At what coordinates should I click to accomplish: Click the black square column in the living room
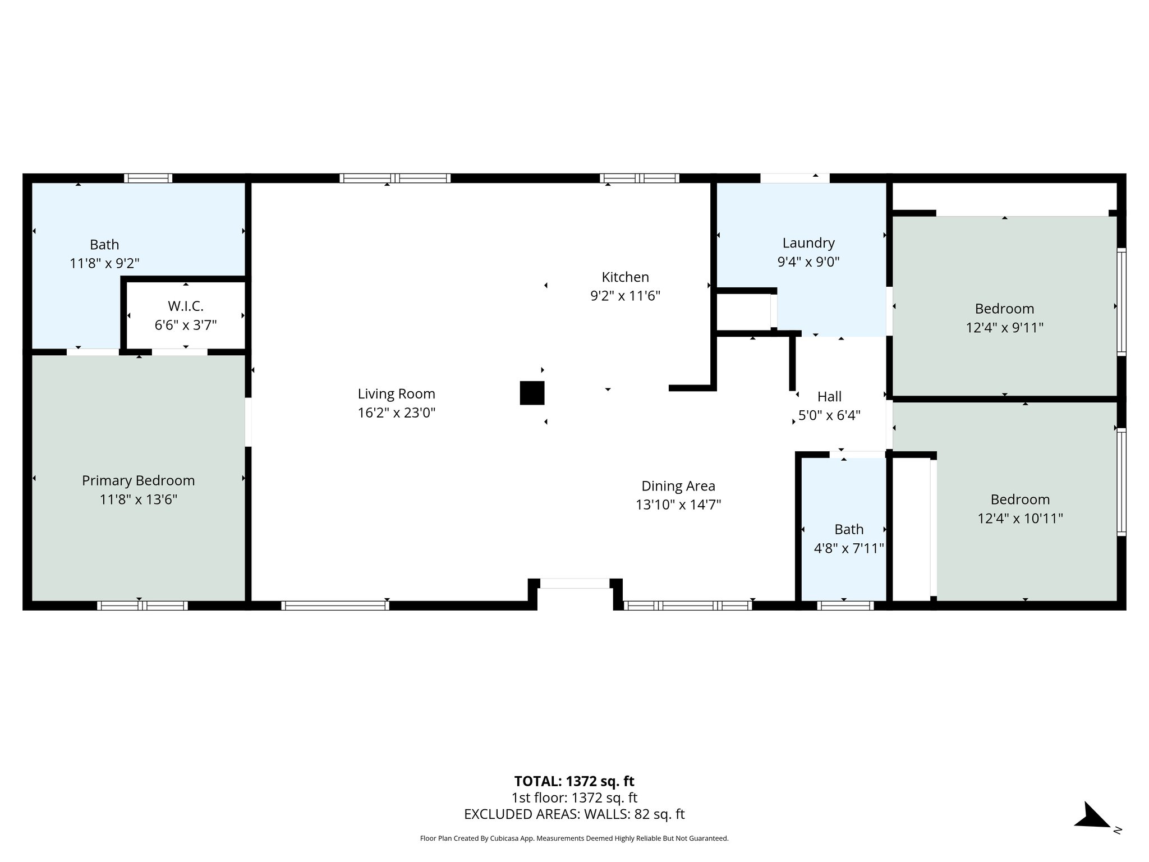pos(532,393)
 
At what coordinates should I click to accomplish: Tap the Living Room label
pos(396,394)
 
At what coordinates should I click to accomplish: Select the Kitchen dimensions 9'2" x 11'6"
pos(625,296)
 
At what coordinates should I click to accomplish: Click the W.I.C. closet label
pos(185,306)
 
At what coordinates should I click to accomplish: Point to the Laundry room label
pos(808,243)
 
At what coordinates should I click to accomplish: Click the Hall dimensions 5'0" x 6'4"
pos(829,416)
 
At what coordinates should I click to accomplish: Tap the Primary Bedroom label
pos(138,480)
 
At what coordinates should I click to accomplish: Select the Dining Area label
pos(678,486)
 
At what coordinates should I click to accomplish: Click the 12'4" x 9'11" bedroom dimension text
pos(1004,327)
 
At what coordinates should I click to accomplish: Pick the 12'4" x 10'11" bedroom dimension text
pos(1020,518)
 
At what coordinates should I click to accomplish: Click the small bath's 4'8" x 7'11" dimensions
pos(848,548)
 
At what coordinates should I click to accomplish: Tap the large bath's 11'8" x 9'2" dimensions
pos(104,263)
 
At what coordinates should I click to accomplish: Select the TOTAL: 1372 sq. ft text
pos(574,781)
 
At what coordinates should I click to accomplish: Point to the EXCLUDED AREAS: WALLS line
pos(574,814)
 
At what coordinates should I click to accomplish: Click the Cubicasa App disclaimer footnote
pos(574,838)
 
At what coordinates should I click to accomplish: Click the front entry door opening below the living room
pos(574,584)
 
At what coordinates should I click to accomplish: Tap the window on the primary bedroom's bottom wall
pos(142,606)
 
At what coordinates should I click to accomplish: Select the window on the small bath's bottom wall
pos(845,606)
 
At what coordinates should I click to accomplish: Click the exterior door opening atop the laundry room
pos(794,178)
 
